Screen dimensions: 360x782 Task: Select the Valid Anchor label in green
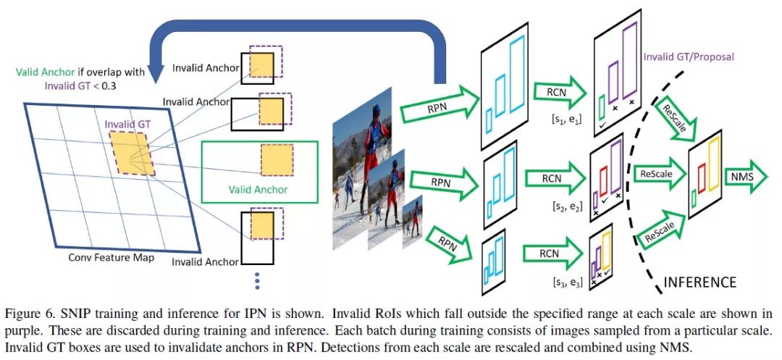coord(259,190)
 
